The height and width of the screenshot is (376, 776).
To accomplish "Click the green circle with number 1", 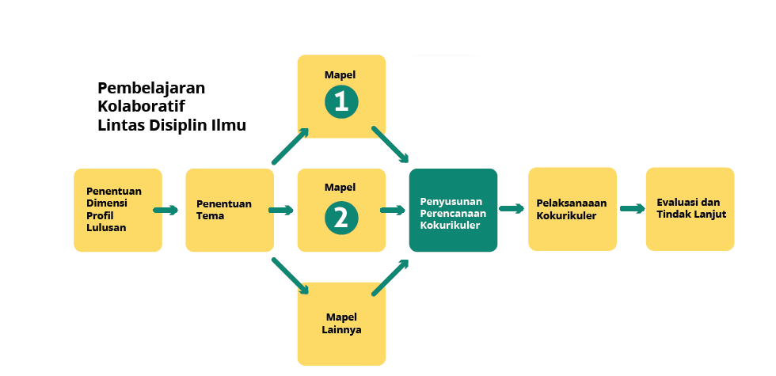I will (x=340, y=101).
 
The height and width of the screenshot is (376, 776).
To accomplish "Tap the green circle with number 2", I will (x=340, y=218).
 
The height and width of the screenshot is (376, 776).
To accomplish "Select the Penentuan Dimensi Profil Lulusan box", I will (x=118, y=210).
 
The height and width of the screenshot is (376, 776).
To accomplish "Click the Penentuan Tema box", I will (x=230, y=210).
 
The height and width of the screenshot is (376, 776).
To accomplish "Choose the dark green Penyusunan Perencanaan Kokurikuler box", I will (x=453, y=210).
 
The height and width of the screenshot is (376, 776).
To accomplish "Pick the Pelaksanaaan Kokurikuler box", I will (x=572, y=209).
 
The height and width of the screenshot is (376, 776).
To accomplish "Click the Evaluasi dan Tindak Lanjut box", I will (x=690, y=209).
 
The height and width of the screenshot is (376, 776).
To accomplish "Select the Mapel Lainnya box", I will (x=341, y=323).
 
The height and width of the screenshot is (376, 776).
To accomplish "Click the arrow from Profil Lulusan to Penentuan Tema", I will (x=165, y=211).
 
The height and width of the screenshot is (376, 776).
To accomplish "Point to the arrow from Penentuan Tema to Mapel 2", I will (x=281, y=211).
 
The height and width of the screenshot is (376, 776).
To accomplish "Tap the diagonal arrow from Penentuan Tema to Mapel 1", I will (x=290, y=146).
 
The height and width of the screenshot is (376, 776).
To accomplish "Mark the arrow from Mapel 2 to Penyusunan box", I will (x=393, y=211).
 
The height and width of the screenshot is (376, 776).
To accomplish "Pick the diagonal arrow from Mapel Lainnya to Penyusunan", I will (x=390, y=277).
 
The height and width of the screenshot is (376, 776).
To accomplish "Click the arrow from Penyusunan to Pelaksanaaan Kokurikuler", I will (x=512, y=209).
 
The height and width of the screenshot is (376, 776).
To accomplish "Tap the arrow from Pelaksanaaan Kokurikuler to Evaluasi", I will (x=632, y=209).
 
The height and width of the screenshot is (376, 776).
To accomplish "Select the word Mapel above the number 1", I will (x=340, y=74).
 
